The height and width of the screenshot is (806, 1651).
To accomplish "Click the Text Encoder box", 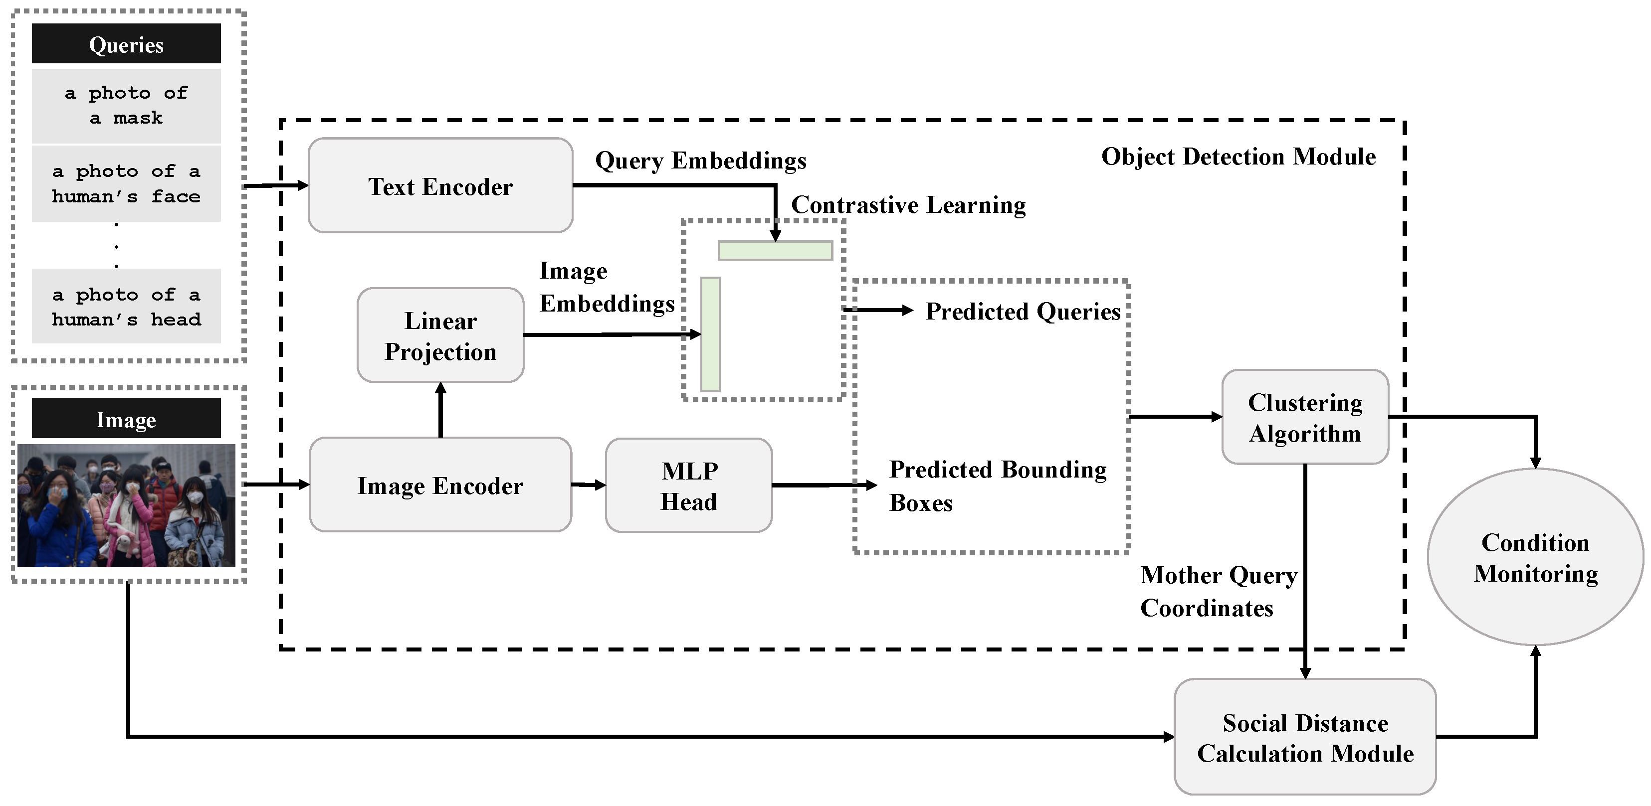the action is (440, 185).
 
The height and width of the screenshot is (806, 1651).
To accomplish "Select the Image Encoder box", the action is (440, 485).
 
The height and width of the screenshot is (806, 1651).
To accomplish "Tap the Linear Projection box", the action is (440, 335).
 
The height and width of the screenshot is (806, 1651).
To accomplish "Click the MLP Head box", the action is (689, 485).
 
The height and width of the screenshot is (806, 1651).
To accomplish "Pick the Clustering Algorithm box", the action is (1305, 417).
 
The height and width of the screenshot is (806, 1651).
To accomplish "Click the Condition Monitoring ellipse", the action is (1536, 557).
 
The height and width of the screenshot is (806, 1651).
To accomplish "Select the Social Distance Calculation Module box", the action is (1305, 737).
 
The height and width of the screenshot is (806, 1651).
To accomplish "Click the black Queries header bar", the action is (126, 43).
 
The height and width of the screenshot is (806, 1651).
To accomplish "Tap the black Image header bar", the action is (126, 418).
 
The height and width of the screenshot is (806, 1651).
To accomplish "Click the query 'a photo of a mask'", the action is (126, 106).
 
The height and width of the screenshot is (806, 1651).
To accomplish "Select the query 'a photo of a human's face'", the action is (126, 184).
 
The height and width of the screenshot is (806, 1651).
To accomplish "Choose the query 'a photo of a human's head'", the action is (126, 306).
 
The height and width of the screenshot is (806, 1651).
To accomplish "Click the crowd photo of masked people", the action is (126, 505).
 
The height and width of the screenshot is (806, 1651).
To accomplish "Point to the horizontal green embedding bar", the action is (776, 251).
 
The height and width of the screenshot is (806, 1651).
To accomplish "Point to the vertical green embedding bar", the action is (710, 334).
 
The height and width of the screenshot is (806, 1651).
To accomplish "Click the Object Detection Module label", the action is (1238, 157).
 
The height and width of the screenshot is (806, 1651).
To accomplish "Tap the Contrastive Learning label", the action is (908, 205).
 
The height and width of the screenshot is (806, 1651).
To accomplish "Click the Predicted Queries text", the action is (1023, 312).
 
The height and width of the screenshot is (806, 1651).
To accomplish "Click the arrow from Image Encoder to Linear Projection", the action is (440, 410).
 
